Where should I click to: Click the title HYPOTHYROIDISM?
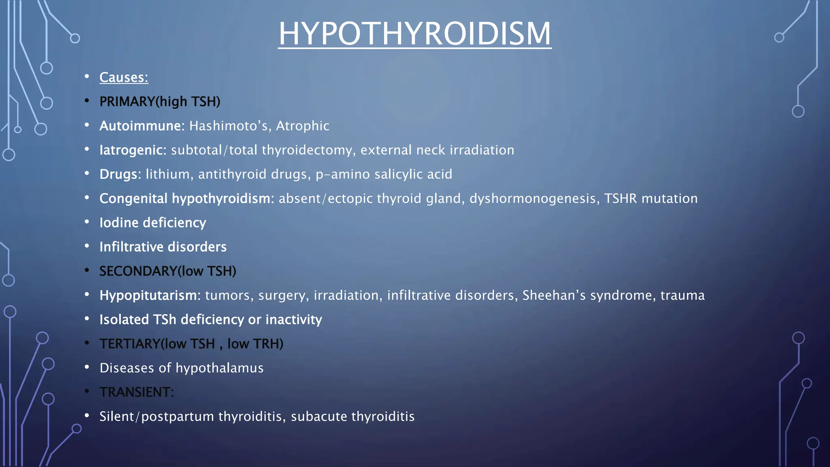(415, 33)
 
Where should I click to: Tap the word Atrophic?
(302, 126)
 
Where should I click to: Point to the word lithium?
(167, 174)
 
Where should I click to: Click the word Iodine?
(119, 223)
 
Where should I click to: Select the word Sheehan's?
(554, 296)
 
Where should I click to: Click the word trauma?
(682, 296)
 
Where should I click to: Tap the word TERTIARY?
(130, 344)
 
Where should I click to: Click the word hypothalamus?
(219, 368)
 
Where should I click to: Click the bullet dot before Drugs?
(87, 174)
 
